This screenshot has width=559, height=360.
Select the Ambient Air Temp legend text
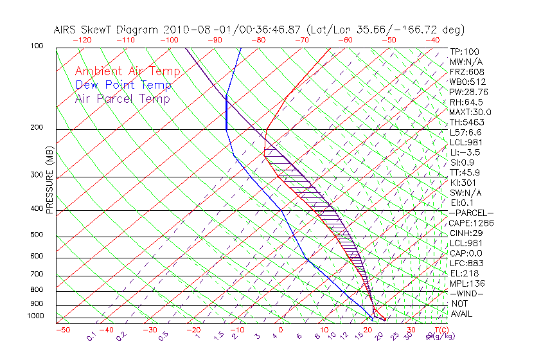(127, 71)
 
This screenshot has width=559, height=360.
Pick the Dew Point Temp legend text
(123, 85)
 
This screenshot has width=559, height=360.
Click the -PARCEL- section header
(471, 213)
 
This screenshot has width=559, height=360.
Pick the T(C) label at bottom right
(438, 330)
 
